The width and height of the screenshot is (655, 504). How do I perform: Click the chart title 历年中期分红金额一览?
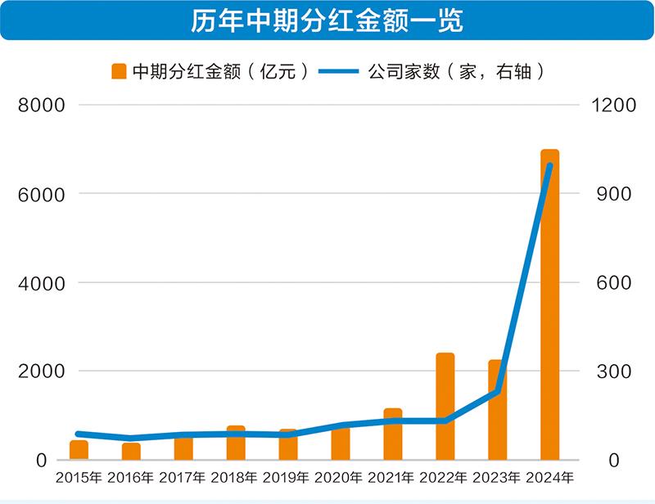point(327,21)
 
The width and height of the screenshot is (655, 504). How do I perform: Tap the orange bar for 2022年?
point(445,406)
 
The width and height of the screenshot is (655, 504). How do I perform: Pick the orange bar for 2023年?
point(497,409)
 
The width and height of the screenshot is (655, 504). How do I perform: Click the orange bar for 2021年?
point(392,434)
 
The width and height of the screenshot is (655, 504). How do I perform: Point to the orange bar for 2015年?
point(79,450)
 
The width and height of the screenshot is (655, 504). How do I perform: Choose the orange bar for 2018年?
point(236,443)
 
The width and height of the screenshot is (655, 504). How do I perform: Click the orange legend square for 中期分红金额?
point(118,72)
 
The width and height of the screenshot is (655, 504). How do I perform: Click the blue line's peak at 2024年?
point(549,166)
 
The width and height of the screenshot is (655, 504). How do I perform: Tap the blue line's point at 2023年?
point(497,392)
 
